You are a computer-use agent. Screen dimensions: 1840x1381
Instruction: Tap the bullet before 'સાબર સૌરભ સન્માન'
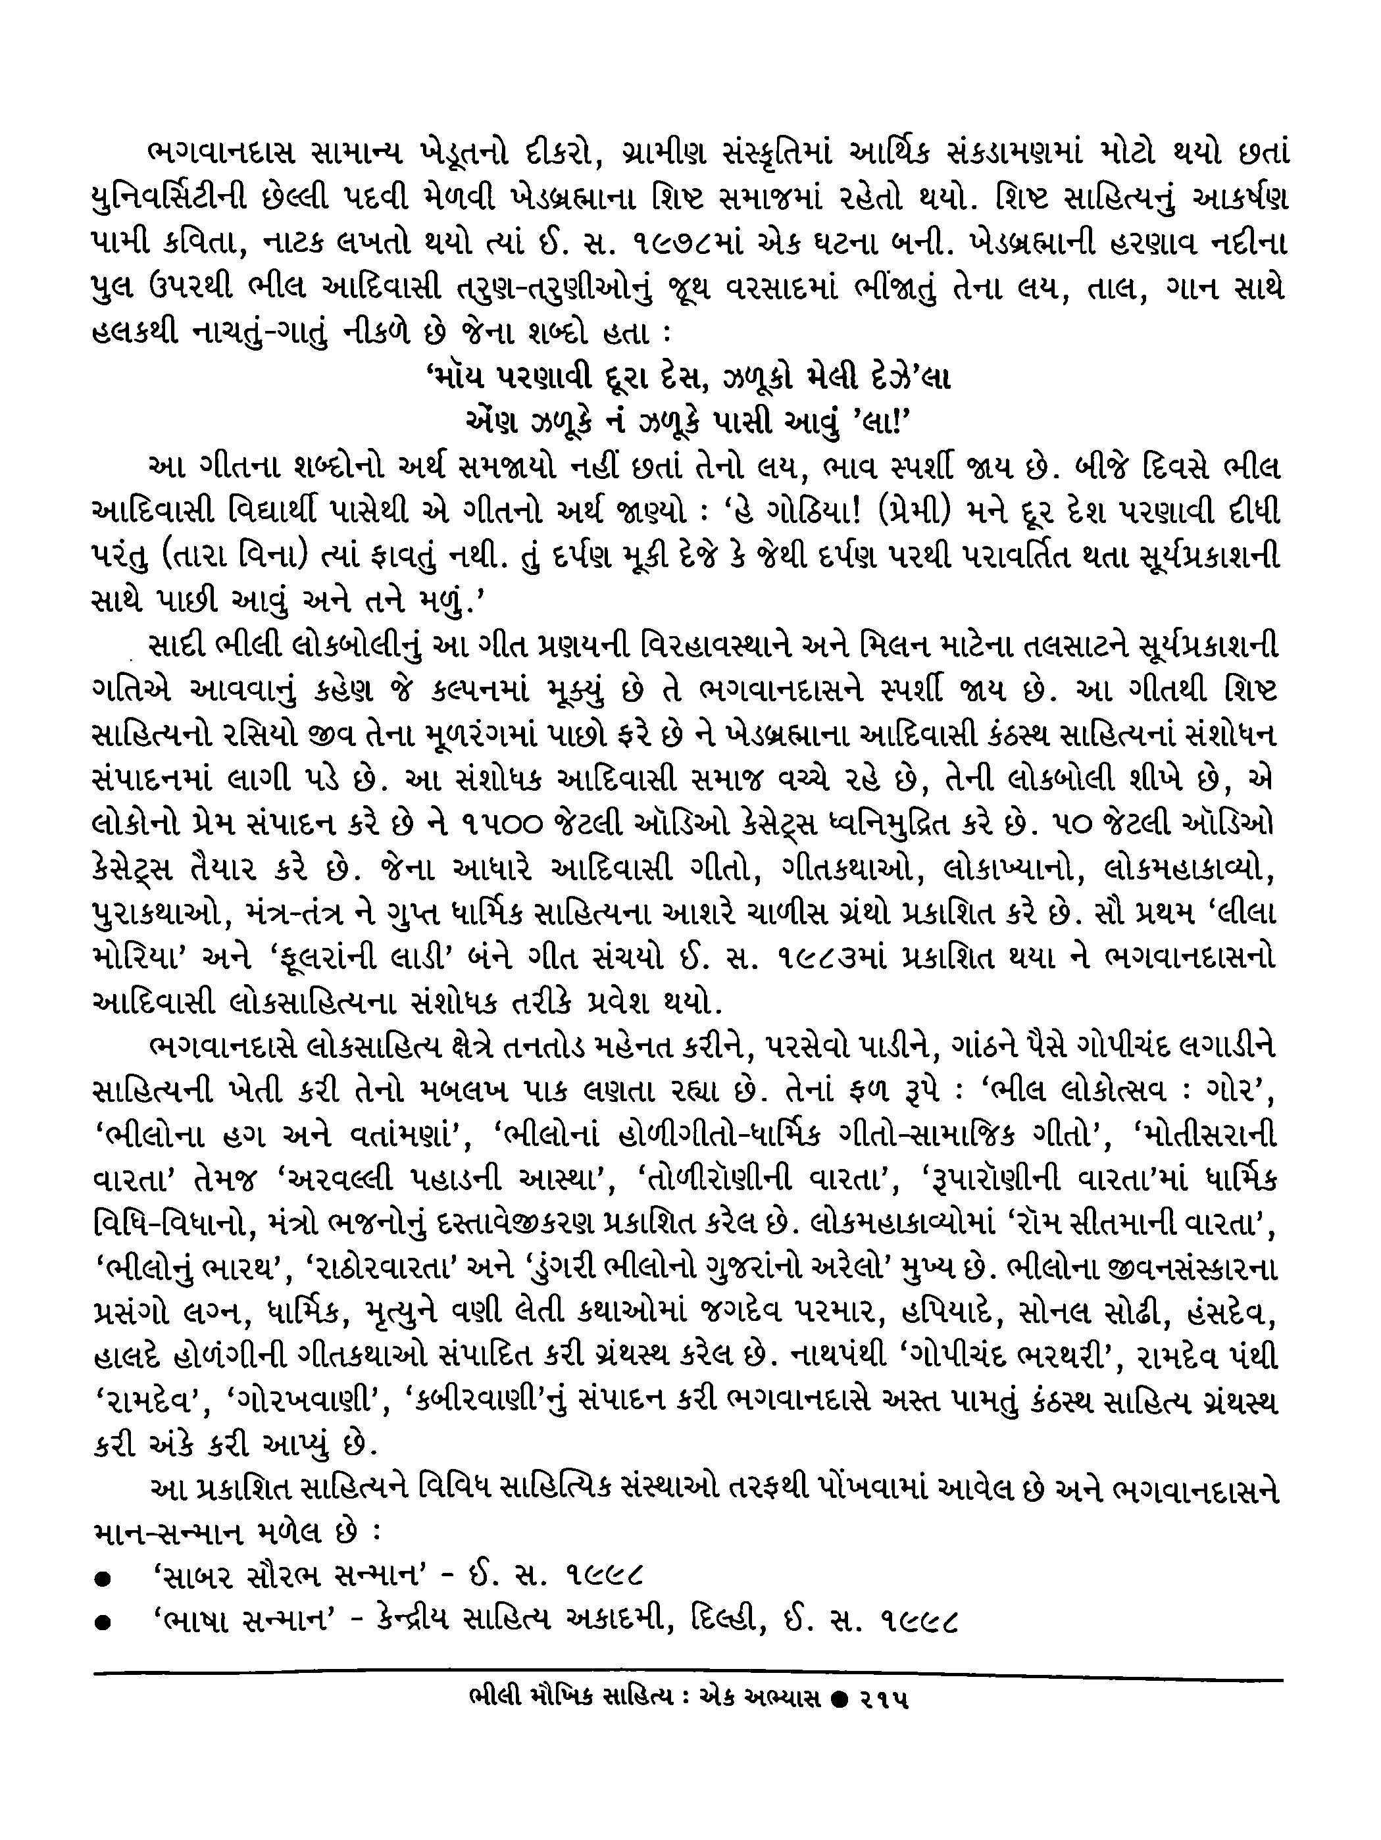103,1577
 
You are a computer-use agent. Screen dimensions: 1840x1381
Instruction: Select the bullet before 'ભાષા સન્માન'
103,1622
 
